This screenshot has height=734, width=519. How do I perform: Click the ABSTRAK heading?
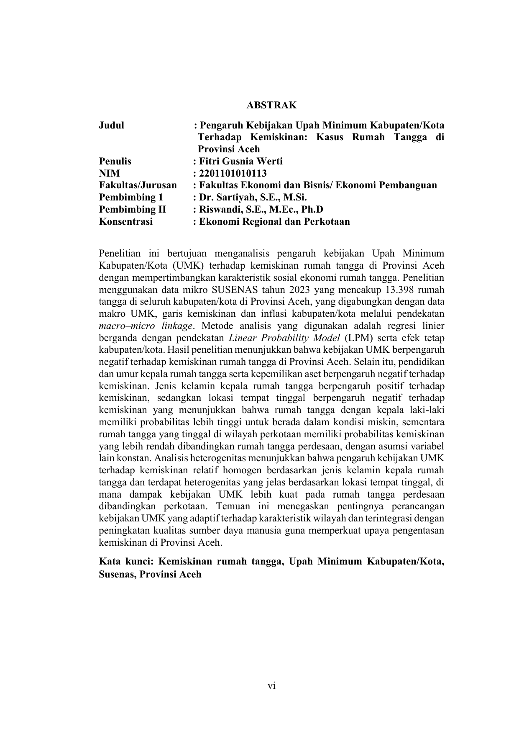(x=271, y=105)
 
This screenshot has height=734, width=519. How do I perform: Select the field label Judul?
(x=111, y=125)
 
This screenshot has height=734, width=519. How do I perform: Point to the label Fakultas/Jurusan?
(x=138, y=185)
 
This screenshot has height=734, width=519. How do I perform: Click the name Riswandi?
(x=219, y=209)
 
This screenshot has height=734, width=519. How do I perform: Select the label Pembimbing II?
(x=132, y=209)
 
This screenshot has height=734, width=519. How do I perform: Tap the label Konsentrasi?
(x=125, y=221)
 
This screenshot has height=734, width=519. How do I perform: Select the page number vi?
(x=271, y=685)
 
